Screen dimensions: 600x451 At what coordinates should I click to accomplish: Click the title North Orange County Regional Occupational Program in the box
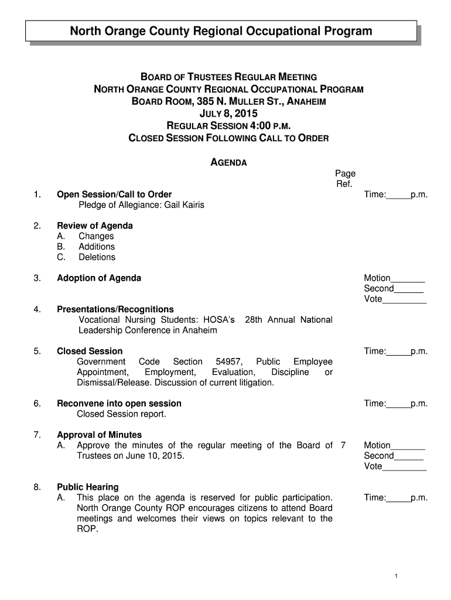pyautogui.click(x=221, y=31)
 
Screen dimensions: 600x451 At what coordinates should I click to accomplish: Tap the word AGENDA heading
pyautogui.click(x=228, y=162)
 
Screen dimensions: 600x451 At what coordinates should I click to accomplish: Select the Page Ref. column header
pyautogui.click(x=345, y=179)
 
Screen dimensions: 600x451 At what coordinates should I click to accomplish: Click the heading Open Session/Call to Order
pyautogui.click(x=114, y=195)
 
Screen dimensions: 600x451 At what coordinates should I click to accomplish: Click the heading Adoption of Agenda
pyautogui.click(x=99, y=278)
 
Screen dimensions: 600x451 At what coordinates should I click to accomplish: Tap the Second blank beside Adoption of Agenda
pyautogui.click(x=409, y=289)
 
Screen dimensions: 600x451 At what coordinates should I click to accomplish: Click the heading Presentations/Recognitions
pyautogui.click(x=115, y=309)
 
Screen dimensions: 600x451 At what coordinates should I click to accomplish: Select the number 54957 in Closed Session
pyautogui.click(x=229, y=362)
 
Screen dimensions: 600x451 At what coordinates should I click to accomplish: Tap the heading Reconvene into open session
pyautogui.click(x=119, y=403)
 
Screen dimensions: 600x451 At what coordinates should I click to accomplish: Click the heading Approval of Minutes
pyautogui.click(x=99, y=435)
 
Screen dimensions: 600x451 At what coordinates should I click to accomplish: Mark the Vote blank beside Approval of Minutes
pyautogui.click(x=404, y=467)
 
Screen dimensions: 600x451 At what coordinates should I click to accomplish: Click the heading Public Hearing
pyautogui.click(x=87, y=487)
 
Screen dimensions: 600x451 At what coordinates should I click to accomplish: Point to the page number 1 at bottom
pyautogui.click(x=397, y=577)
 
